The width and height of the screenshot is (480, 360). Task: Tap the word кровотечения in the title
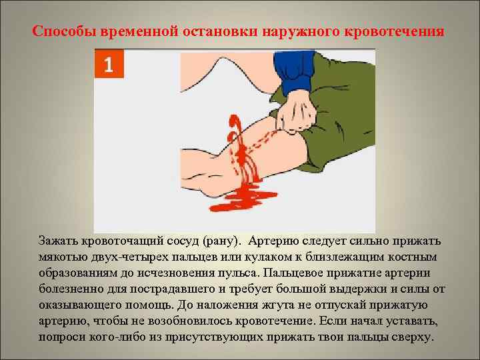[x=396, y=31]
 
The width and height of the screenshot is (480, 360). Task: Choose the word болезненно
[x=75, y=289]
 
